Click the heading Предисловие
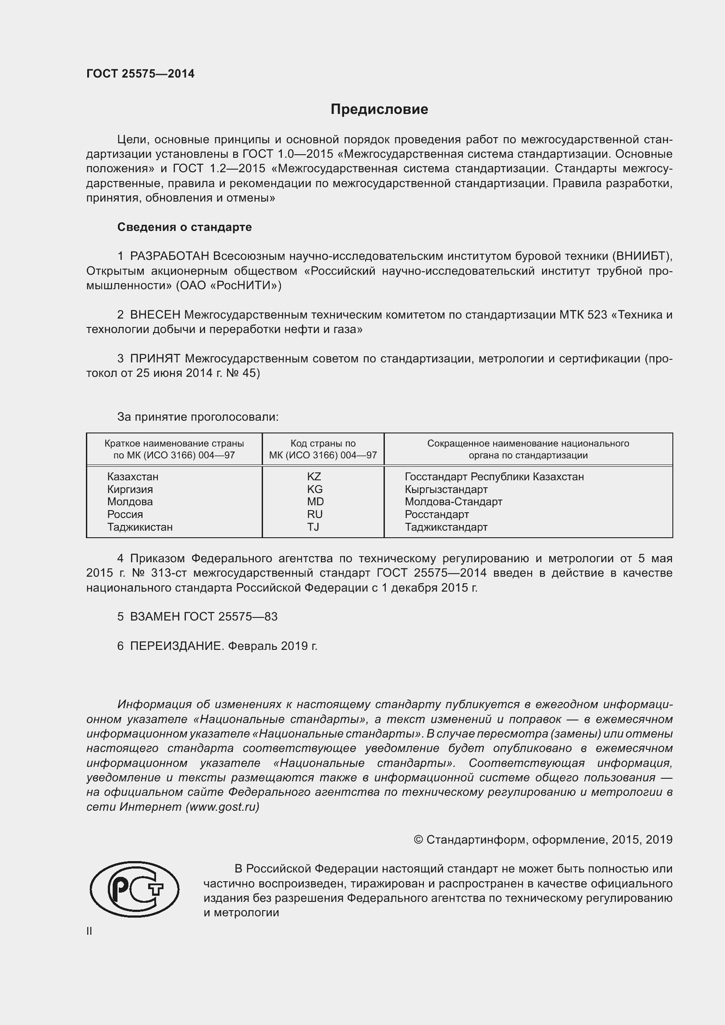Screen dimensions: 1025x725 pyautogui.click(x=379, y=110)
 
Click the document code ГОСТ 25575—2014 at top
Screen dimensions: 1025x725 pyautogui.click(x=140, y=74)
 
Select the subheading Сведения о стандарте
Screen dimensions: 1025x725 pyautogui.click(x=185, y=227)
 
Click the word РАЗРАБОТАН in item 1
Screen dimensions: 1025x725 pyautogui.click(x=170, y=256)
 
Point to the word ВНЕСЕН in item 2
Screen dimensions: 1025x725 pyautogui.click(x=155, y=315)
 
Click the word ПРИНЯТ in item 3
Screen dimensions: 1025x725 pyautogui.click(x=155, y=358)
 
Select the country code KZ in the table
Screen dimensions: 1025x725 pyautogui.click(x=314, y=477)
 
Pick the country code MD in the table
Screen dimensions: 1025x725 pyautogui.click(x=315, y=502)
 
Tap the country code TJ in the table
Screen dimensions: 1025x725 pyautogui.click(x=313, y=527)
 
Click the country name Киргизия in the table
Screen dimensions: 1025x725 pyautogui.click(x=130, y=489)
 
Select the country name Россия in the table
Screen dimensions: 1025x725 pyautogui.click(x=125, y=514)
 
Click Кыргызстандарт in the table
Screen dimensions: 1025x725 pyautogui.click(x=446, y=489)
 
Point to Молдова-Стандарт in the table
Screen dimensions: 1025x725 pyautogui.click(x=454, y=502)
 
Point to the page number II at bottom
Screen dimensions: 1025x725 pyautogui.click(x=89, y=931)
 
